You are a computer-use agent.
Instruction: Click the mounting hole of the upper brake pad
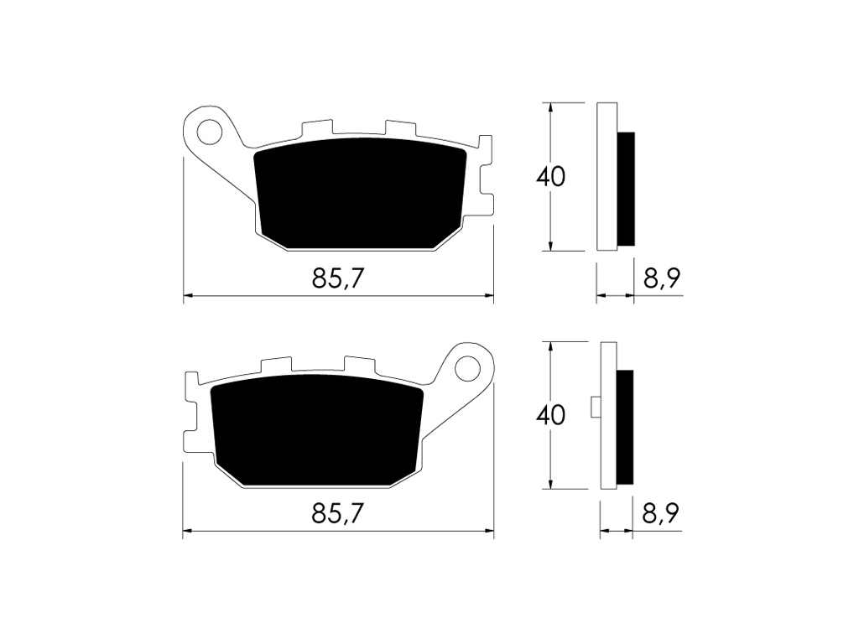click(211, 132)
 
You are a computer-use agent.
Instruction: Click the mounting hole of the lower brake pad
click(467, 367)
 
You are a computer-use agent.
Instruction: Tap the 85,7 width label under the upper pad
click(338, 278)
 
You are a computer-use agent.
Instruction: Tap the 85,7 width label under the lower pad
click(338, 513)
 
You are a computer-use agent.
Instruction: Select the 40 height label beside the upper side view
click(551, 177)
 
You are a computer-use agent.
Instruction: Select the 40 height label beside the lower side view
click(551, 415)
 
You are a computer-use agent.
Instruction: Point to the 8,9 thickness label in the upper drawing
click(662, 278)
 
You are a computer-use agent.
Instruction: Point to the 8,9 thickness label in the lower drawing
click(661, 514)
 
